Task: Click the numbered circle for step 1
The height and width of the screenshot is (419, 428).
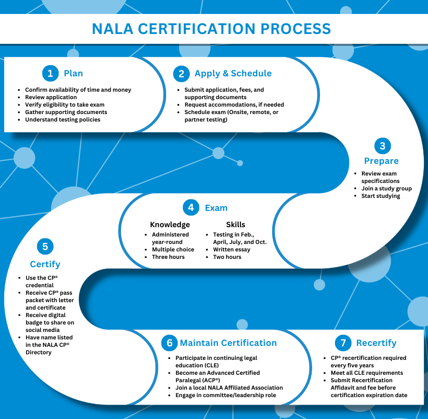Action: [x=51, y=73]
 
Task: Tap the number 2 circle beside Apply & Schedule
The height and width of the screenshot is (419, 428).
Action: [x=181, y=74]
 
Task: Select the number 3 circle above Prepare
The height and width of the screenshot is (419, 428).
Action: [x=383, y=146]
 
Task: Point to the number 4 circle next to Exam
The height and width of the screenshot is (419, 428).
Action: [x=191, y=207]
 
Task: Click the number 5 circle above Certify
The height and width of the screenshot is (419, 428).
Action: [x=45, y=246]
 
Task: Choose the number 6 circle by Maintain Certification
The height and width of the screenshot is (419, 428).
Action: [x=169, y=343]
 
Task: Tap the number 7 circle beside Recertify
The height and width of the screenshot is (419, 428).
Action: [x=343, y=343]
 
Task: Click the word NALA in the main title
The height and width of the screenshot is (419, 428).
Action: [x=113, y=29]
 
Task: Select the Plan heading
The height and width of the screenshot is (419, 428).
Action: [x=73, y=73]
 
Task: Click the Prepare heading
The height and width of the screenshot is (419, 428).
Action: [x=381, y=161]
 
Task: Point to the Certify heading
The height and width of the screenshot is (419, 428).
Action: [x=45, y=264]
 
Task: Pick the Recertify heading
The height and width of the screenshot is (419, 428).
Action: [x=376, y=343]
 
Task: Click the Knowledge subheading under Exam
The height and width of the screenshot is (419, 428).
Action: [x=170, y=224]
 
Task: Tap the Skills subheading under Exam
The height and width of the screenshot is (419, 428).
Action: [x=235, y=224]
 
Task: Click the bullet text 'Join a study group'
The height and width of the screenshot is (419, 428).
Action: [x=387, y=189]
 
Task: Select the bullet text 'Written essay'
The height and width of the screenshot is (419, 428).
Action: [x=232, y=250]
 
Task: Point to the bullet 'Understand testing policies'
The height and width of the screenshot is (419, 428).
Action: [x=63, y=120]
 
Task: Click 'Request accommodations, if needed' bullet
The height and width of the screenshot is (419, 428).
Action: [x=234, y=105]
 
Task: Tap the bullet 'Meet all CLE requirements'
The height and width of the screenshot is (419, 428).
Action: [x=367, y=373]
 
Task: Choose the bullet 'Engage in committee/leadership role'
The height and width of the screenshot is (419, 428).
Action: [x=226, y=395]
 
